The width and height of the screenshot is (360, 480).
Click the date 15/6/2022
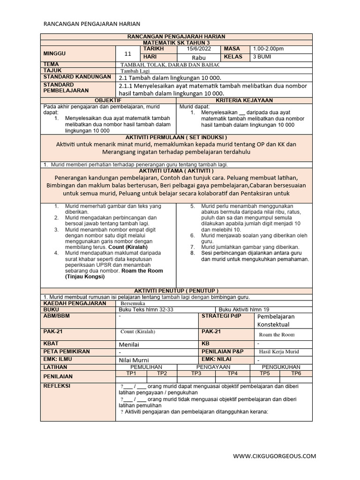[x=199, y=49]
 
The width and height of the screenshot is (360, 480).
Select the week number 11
[x=127, y=53]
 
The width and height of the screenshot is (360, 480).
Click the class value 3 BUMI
[x=262, y=57]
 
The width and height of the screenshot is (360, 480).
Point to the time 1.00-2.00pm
[x=268, y=49]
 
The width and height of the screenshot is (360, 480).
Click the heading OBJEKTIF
[x=108, y=100]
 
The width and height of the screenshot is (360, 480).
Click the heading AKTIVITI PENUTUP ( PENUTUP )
[x=176, y=291]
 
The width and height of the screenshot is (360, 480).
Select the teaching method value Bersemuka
[x=133, y=304]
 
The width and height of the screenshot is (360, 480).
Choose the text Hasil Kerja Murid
[x=279, y=352]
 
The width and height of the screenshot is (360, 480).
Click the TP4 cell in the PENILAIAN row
[x=232, y=373]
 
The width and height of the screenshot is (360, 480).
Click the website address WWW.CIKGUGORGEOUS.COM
[x=274, y=456]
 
